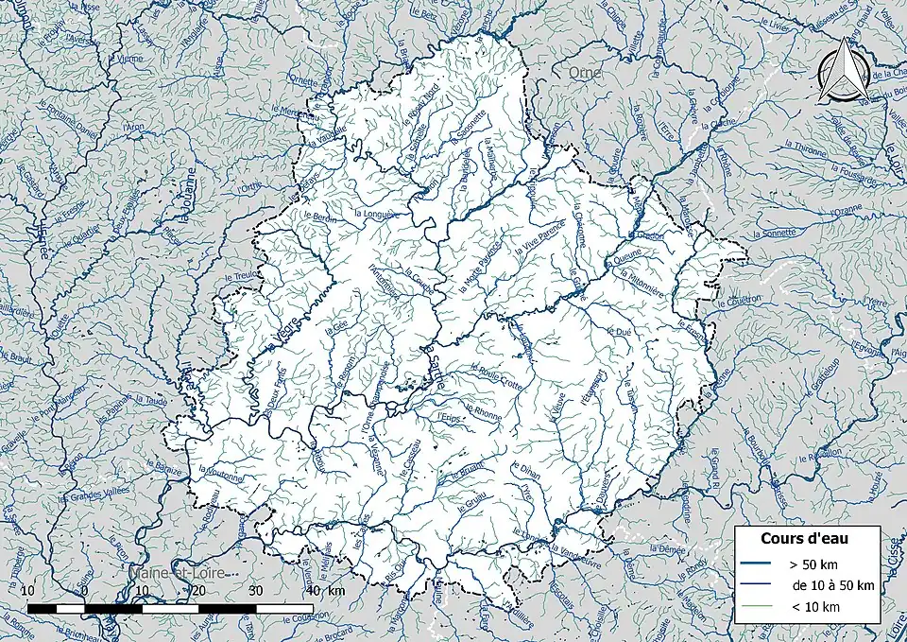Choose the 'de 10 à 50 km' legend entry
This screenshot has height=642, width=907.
pos(832,585)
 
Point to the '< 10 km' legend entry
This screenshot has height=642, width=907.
pos(814,607)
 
